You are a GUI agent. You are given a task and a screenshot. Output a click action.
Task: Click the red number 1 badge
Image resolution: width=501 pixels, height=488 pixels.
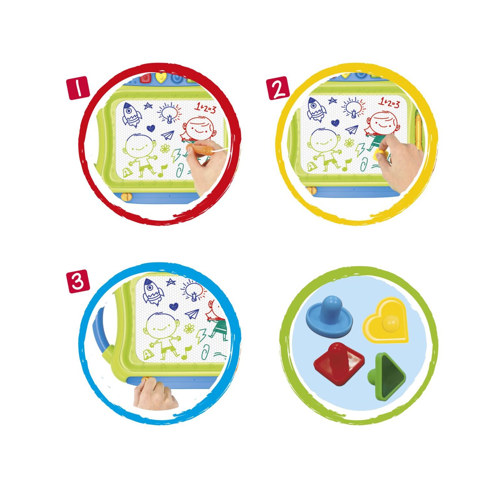click(x=78, y=88)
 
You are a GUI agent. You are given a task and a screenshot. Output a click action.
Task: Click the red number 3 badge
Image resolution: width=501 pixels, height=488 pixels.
click(x=78, y=281)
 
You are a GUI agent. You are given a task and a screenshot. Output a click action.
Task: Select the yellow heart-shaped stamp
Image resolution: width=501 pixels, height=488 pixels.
click(x=386, y=320)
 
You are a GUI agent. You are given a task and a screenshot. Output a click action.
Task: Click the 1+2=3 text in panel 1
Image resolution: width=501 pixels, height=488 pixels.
click(x=206, y=107)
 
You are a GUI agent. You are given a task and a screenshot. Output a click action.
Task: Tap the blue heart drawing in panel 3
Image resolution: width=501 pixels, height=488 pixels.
click(x=174, y=306)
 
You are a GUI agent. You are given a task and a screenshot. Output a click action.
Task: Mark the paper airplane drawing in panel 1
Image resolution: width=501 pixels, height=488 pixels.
click(x=168, y=135)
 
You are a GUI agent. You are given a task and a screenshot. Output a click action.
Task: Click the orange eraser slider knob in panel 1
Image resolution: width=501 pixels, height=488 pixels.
click(x=125, y=197)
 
